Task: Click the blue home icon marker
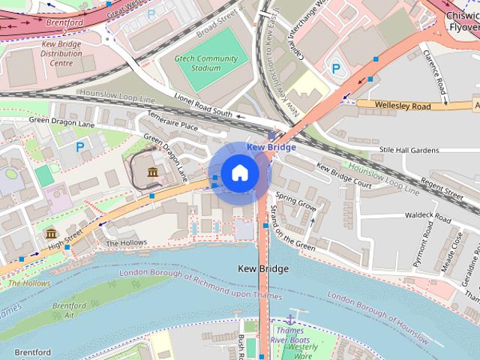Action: tap(239, 173)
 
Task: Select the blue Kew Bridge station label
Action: tap(271, 147)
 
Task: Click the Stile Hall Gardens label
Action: tap(409, 150)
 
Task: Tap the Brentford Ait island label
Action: tap(73, 310)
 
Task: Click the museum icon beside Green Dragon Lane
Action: tap(153, 174)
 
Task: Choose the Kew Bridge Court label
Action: tap(344, 175)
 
